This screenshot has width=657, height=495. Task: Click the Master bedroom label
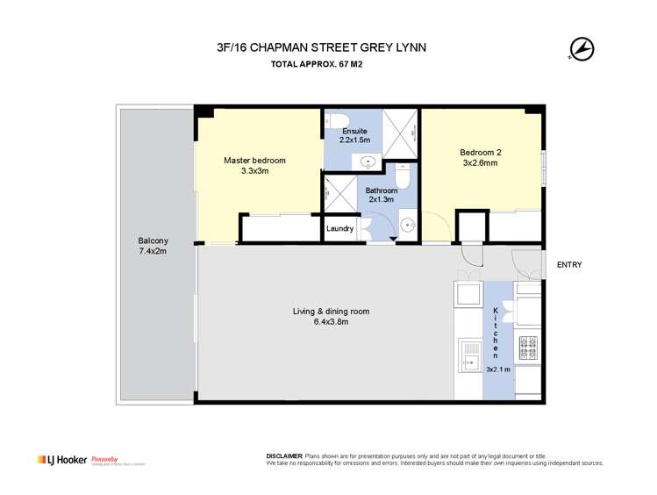[x=254, y=161]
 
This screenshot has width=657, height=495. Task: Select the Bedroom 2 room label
[x=481, y=152]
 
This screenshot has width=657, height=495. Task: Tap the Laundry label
[x=339, y=229]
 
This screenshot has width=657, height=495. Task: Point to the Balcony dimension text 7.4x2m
[x=153, y=251]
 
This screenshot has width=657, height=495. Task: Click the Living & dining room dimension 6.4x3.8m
[x=320, y=322]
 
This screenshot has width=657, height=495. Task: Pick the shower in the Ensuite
[x=402, y=136]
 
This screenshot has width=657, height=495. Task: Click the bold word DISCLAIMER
[x=283, y=456]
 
